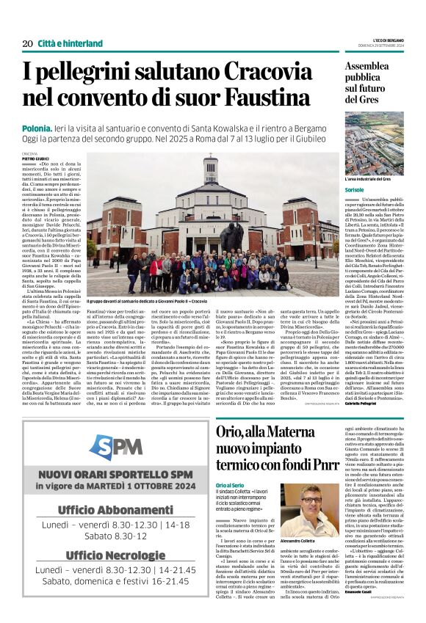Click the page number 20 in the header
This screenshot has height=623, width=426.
(27, 44)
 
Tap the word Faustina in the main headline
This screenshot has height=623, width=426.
(277, 97)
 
